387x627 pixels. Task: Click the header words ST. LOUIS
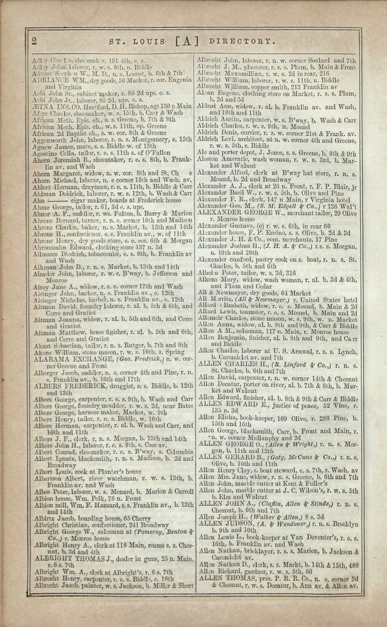coord(132,41)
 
